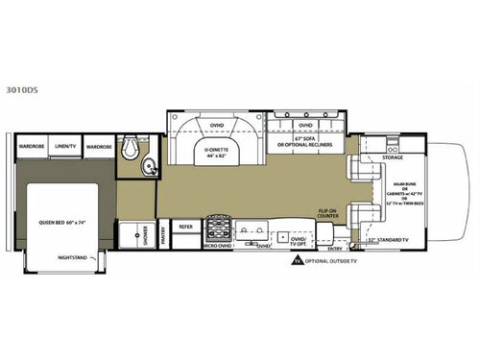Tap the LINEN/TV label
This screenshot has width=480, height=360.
(66, 146)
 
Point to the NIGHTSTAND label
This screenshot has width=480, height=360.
(72, 256)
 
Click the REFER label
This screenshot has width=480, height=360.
(186, 228)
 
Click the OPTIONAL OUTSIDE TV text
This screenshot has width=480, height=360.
(331, 261)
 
